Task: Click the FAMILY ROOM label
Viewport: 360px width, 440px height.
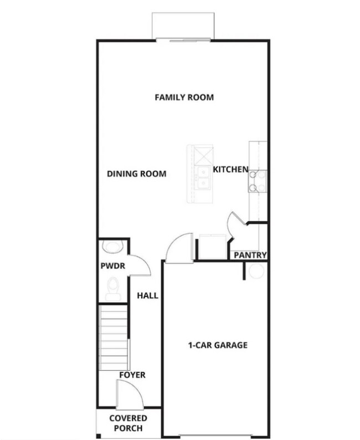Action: [184, 98]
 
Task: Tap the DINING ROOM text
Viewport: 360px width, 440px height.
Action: [136, 174]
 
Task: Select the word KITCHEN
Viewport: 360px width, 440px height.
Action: [230, 169]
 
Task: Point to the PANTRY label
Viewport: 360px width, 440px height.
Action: [250, 255]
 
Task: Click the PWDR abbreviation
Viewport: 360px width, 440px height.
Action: [112, 266]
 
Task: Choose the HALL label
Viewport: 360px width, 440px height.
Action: [147, 296]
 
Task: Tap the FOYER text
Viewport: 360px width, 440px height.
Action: [132, 375]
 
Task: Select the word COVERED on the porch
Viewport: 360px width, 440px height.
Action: [128, 418]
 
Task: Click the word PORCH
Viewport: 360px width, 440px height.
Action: [128, 428]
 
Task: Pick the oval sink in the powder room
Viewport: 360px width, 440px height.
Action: [112, 247]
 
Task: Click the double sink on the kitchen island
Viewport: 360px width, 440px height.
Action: [203, 177]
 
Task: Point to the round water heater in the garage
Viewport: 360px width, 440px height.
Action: [256, 271]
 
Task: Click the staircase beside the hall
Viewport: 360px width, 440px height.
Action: [114, 338]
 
